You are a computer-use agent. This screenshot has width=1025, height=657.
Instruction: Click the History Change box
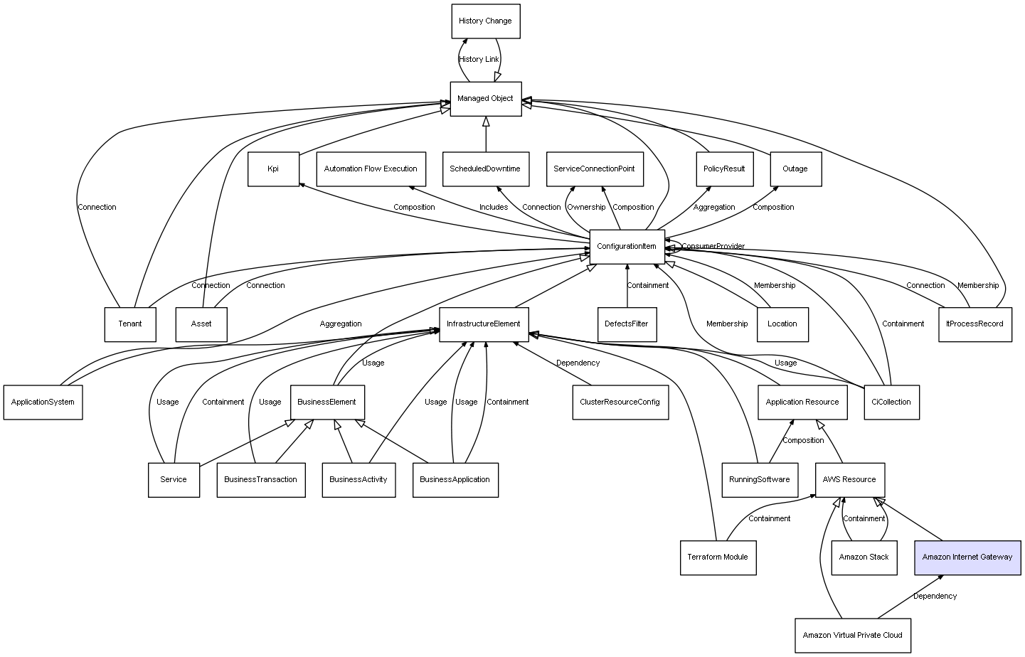pyautogui.click(x=486, y=21)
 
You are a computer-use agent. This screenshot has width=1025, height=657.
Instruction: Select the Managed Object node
pyautogui.click(x=486, y=99)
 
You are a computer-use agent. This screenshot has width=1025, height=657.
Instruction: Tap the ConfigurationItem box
pyautogui.click(x=627, y=247)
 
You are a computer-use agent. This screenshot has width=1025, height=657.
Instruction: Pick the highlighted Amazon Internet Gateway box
pyautogui.click(x=967, y=557)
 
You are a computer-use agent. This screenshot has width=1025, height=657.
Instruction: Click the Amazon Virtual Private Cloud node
pyautogui.click(x=852, y=635)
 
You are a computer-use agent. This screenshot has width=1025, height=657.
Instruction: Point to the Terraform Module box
pyautogui.click(x=718, y=557)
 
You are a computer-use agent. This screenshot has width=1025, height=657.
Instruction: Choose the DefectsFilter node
pyautogui.click(x=627, y=324)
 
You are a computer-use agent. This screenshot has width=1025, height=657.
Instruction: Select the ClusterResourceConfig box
pyautogui.click(x=620, y=402)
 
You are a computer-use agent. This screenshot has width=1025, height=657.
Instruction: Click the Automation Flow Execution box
pyautogui.click(x=371, y=169)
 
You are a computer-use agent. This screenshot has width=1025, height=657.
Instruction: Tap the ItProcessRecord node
pyautogui.click(x=974, y=324)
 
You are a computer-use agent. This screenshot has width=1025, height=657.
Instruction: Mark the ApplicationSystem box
pyautogui.click(x=43, y=402)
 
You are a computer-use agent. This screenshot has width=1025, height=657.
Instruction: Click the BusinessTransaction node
pyautogui.click(x=260, y=479)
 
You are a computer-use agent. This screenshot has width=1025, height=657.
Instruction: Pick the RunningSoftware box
pyautogui.click(x=759, y=479)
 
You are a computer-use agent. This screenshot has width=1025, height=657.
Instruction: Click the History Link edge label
pyautogui.click(x=479, y=60)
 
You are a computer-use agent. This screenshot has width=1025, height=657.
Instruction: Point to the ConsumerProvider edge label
pyautogui.click(x=713, y=247)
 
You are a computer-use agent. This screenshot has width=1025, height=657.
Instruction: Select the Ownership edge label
pyautogui.click(x=586, y=208)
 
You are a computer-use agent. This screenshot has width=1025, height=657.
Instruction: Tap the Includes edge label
pyautogui.click(x=494, y=208)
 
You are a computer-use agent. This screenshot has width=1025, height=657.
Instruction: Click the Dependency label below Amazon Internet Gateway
pyautogui.click(x=935, y=597)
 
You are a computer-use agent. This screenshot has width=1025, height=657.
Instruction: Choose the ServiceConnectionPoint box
pyautogui.click(x=594, y=169)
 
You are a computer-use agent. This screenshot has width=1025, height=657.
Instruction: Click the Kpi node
pyautogui.click(x=273, y=169)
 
